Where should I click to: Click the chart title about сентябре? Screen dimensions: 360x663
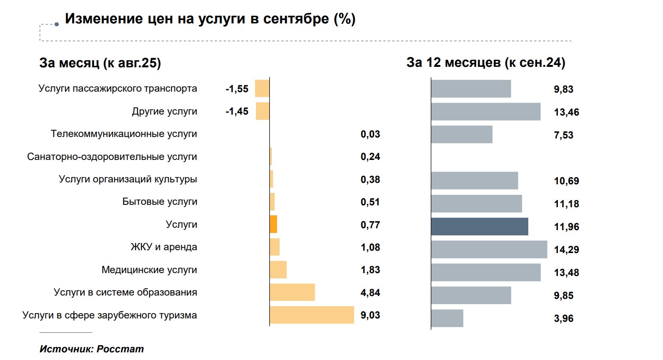[x=210, y=19]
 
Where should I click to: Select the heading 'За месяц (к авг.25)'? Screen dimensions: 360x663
[x=100, y=64]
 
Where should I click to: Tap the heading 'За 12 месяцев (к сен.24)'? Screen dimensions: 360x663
[x=486, y=63]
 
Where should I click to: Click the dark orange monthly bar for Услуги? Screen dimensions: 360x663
[x=273, y=224]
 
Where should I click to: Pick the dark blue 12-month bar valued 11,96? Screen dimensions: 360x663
[x=480, y=226]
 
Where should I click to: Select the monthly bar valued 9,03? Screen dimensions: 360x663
[x=312, y=315]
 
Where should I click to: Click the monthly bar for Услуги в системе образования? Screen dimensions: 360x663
[x=292, y=292]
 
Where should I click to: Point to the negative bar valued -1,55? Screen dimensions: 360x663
[x=262, y=89]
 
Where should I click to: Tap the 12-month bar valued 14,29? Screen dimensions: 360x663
[x=489, y=249]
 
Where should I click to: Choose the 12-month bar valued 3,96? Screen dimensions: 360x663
[x=447, y=318]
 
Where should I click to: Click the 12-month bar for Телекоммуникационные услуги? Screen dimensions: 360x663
[x=462, y=134]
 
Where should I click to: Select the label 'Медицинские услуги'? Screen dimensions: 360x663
[x=149, y=270]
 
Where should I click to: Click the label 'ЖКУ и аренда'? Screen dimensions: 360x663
[x=164, y=247]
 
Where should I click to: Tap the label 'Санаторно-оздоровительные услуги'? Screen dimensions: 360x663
[x=112, y=157]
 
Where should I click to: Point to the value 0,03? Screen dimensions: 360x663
[x=370, y=134]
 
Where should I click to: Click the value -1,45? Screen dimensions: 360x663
[x=237, y=112]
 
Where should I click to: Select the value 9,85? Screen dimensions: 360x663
[x=564, y=296]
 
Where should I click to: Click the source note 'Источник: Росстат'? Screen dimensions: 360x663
[x=91, y=349]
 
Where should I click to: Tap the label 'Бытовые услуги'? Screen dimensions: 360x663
[x=160, y=202]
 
